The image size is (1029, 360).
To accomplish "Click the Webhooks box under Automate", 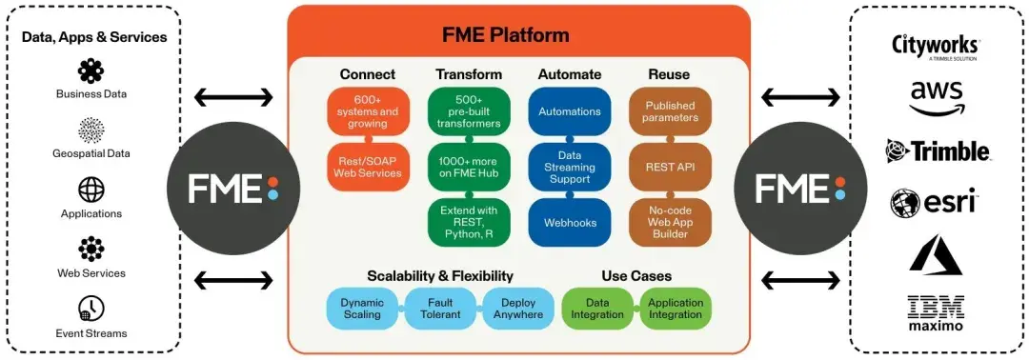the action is click(x=570, y=223).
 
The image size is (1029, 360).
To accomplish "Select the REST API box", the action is click(x=670, y=168).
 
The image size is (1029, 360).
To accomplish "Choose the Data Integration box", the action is click(x=597, y=309).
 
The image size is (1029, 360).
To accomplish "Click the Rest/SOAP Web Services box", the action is click(x=368, y=168).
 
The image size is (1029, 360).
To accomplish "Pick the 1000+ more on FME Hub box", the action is click(x=469, y=168).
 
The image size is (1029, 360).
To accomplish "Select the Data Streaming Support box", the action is click(x=570, y=168).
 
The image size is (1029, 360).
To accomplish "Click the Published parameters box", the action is click(x=670, y=111).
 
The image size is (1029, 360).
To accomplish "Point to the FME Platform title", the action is click(x=519, y=34).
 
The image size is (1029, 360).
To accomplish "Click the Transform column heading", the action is click(x=469, y=74).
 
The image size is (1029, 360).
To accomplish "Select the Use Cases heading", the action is click(x=636, y=276).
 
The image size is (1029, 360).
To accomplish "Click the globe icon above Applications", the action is click(x=91, y=190).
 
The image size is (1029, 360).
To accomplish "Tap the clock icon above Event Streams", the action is click(x=91, y=309).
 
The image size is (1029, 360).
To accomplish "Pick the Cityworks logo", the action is click(x=936, y=48).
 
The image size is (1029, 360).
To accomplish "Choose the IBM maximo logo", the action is click(x=936, y=313).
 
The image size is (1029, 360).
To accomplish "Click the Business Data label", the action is click(x=91, y=93).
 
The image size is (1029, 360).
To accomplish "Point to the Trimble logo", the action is click(x=938, y=150).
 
